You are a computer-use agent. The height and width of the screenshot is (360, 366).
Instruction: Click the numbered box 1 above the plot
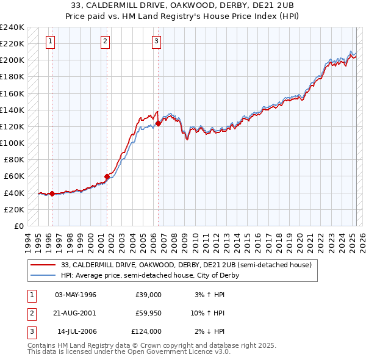click(49, 41)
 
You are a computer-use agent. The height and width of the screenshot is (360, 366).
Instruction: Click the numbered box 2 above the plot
click(105, 41)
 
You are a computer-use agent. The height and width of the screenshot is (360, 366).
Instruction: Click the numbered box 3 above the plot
click(156, 41)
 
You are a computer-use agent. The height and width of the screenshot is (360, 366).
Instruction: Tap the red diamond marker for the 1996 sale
click(52, 194)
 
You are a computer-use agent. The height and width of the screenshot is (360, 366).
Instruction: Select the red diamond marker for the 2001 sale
click(107, 177)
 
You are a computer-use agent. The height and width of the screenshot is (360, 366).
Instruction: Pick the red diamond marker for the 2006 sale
click(158, 123)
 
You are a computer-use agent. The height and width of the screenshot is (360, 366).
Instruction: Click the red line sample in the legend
click(43, 265)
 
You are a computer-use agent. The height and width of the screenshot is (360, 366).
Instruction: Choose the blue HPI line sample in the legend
click(43, 275)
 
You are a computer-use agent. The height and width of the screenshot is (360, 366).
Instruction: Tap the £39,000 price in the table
click(148, 295)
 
